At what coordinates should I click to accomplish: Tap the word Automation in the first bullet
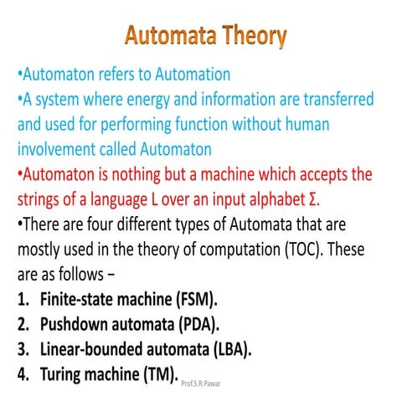[x=189, y=75]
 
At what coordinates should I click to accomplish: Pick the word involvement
[x=64, y=150]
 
